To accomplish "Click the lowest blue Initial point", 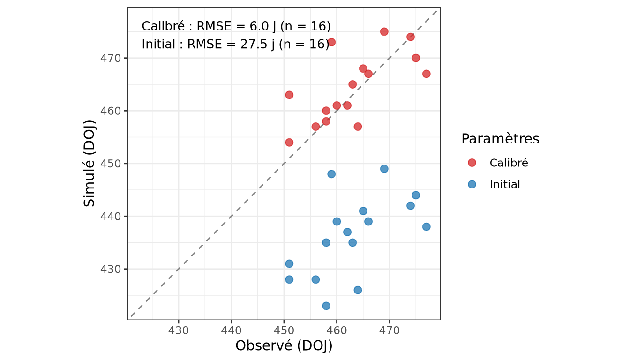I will pos(326,306).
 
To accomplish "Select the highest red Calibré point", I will pos(384,31).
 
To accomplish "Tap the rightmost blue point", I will pos(426,226).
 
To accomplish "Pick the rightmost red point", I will pos(426,74).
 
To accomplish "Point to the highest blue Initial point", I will pos(384,168).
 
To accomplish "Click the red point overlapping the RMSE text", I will pos(331,42).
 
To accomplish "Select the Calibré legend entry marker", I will pos(472,163).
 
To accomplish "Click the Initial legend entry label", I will pos(505,185).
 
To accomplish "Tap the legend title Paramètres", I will pos(500,139).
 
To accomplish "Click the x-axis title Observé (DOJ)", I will pos(284,346).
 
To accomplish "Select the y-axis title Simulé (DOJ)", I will pos(90,164).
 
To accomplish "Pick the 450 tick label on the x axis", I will pos(284,330).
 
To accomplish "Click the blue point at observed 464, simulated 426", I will pos(358,290).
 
